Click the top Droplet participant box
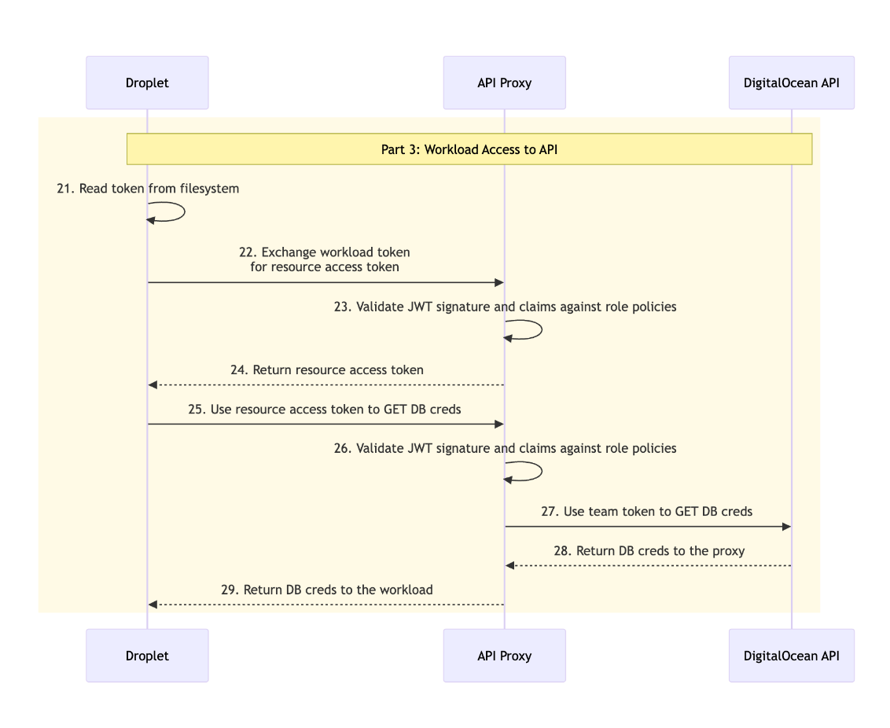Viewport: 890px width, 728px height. click(147, 83)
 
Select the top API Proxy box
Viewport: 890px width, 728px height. click(504, 83)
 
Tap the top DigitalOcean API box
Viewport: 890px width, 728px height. click(791, 83)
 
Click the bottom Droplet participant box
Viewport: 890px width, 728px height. click(147, 656)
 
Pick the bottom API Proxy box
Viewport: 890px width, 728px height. click(504, 656)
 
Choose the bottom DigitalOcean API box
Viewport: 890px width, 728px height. click(791, 656)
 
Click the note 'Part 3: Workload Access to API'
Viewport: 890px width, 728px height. click(469, 149)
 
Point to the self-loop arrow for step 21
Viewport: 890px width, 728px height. click(182, 212)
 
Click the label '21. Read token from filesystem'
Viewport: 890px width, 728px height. click(148, 189)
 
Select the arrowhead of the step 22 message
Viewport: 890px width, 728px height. click(498, 282)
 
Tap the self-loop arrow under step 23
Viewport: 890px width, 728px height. click(539, 330)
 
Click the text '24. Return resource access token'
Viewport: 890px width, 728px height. click(327, 370)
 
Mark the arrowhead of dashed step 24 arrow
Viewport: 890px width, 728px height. click(153, 384)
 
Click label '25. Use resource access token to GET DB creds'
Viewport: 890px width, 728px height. click(325, 409)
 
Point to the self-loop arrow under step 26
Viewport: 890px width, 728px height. click(539, 472)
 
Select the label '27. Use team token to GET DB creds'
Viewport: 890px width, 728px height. click(646, 511)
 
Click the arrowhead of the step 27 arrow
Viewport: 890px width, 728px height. click(785, 526)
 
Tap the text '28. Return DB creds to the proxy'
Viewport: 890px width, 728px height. click(649, 550)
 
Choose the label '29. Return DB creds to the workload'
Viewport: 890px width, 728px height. click(326, 590)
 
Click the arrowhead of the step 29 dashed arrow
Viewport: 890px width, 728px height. click(153, 605)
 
